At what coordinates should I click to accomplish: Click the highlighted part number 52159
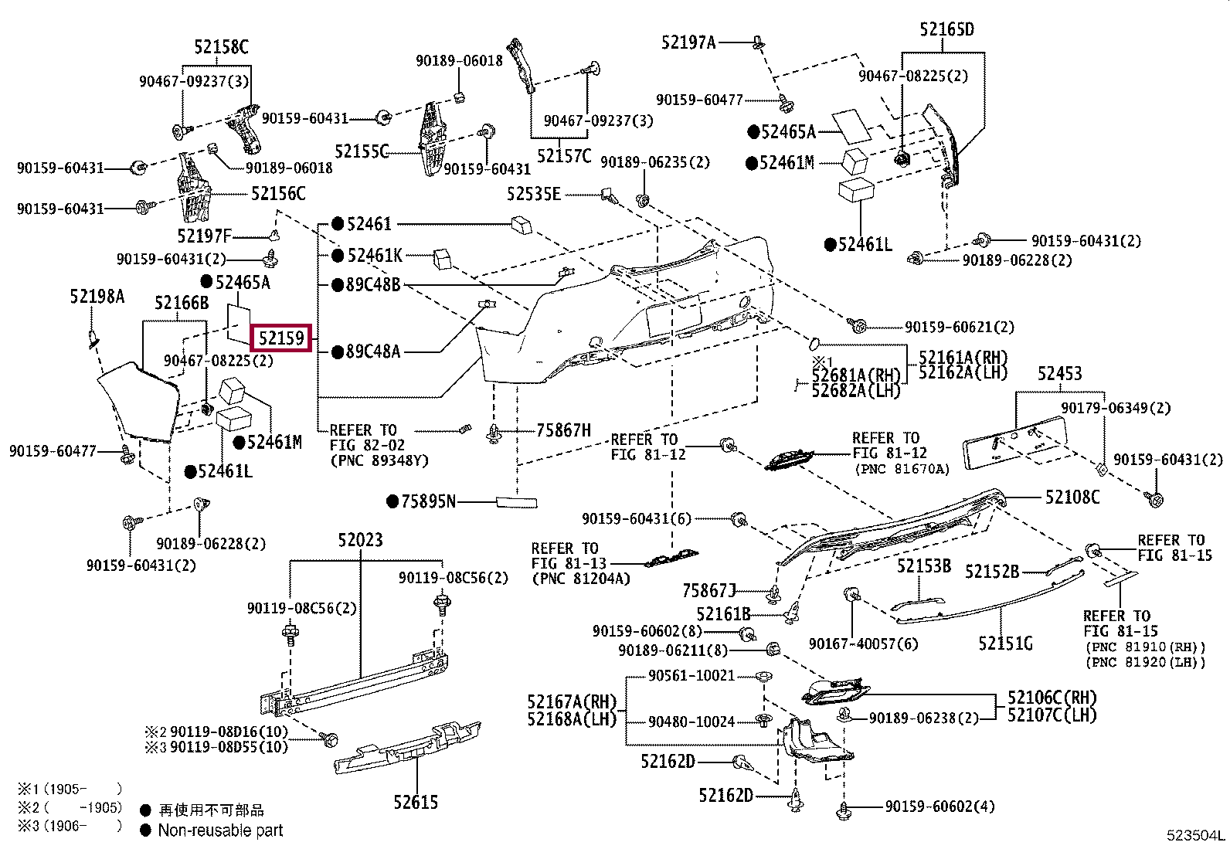(x=282, y=338)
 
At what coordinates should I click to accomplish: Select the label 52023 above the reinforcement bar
(x=360, y=540)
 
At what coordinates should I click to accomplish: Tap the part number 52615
(x=416, y=803)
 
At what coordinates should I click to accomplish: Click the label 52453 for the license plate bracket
(x=1059, y=374)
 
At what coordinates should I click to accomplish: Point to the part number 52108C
(x=1072, y=498)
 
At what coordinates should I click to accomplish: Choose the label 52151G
(x=1004, y=643)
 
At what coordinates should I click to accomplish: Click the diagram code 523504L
(x=1195, y=835)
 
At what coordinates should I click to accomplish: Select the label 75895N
(x=428, y=502)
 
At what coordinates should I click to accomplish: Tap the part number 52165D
(x=946, y=30)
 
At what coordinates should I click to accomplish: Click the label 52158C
(x=221, y=47)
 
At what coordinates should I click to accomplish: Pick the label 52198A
(x=97, y=297)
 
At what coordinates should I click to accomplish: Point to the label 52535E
(x=534, y=194)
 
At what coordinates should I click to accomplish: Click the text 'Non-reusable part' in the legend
(x=220, y=830)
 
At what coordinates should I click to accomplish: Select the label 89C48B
(x=373, y=285)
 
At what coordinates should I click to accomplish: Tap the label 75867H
(x=563, y=430)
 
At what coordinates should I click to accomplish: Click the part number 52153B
(x=923, y=566)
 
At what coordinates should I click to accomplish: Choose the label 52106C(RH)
(x=1052, y=698)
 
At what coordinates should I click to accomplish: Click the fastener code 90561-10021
(x=691, y=676)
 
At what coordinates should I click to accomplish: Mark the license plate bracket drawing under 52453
(x=1014, y=447)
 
